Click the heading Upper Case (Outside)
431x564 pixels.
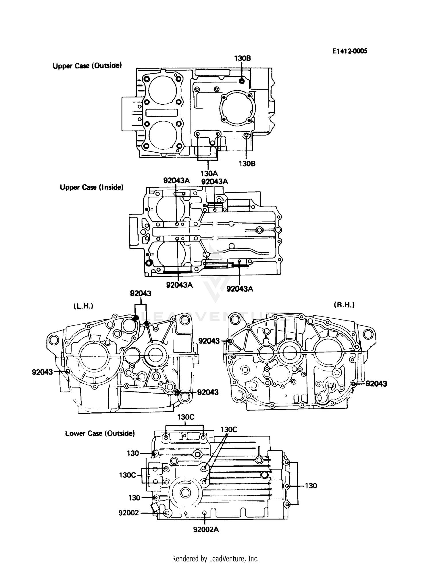pos(87,66)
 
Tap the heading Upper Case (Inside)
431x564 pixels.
pos(91,187)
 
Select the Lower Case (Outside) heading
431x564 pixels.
pos(100,433)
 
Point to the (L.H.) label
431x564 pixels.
pos(83,306)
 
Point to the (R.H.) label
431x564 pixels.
pos(344,305)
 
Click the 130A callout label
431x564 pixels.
pos(209,174)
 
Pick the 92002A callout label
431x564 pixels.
pos(206,529)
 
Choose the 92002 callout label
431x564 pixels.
pos(128,513)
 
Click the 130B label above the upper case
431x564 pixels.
pos(242,58)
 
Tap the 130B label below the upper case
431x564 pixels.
pos(247,164)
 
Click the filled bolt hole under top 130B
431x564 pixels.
pos(242,81)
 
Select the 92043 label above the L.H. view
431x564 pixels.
pos(141,293)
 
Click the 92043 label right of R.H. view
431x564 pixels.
pos(376,384)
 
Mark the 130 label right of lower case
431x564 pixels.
pos(311,486)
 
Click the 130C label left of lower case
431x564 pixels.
pos(127,475)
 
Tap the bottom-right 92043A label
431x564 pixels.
pos(240,289)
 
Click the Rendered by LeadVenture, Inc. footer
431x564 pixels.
pos(215,559)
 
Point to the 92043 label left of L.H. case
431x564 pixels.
pos(42,372)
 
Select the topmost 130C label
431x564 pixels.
pos(185,417)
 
